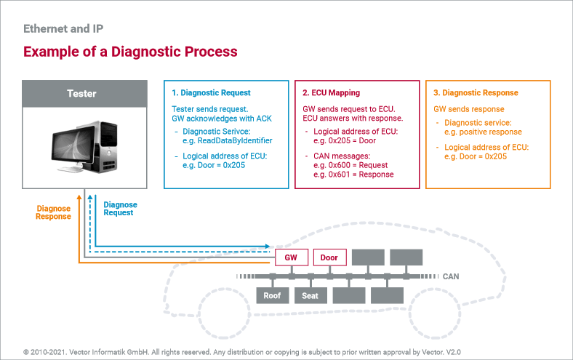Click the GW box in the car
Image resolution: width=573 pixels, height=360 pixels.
pos(292,257)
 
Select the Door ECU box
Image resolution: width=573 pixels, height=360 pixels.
pos(329,257)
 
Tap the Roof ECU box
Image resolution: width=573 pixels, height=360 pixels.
pos(272,295)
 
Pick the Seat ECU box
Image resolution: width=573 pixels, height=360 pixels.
pos(310,295)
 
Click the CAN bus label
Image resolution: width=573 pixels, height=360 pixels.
pos(451,276)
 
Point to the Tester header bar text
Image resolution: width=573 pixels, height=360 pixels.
pos(81,94)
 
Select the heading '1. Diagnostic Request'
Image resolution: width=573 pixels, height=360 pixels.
pos(211,93)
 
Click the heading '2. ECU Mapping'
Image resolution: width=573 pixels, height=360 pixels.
pos(331,93)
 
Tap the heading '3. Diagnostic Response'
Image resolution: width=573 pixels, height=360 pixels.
pos(476,93)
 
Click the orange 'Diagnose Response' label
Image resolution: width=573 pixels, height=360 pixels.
pos(53,212)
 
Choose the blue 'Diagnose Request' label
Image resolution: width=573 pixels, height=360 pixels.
pos(120,209)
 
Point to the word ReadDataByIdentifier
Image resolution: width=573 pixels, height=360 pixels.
pos(235,140)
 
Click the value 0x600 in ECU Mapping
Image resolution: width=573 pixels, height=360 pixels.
pos(339,165)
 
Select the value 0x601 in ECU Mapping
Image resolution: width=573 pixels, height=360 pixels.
pos(339,175)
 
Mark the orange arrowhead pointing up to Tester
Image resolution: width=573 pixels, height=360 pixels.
pos(79,197)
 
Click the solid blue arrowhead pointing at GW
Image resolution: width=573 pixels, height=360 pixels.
pos(267,247)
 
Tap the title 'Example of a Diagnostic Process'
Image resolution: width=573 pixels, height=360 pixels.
pos(130,52)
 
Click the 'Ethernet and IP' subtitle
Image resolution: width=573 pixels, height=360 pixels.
pos(63,28)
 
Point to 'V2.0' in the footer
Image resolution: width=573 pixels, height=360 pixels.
pos(453,352)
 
